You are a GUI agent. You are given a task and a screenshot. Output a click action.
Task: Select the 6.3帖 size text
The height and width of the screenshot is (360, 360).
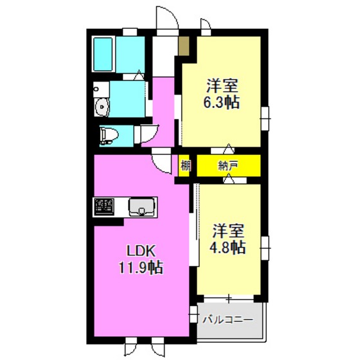(222, 101)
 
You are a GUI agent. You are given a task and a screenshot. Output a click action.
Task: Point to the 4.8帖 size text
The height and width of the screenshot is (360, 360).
(229, 247)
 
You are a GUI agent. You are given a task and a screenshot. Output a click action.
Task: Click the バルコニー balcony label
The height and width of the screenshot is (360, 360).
(228, 319)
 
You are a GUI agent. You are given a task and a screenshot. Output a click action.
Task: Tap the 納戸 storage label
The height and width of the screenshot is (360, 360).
(228, 165)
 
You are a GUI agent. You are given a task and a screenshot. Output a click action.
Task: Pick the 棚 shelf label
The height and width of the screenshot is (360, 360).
(185, 165)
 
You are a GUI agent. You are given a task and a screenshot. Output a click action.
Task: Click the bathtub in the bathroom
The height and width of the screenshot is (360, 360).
(105, 55)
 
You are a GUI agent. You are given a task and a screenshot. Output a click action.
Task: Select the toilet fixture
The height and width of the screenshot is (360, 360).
(109, 134)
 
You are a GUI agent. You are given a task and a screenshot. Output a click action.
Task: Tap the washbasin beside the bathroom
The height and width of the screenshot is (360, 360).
(102, 107)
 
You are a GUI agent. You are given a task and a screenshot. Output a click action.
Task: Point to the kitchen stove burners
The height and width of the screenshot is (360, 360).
(104, 206)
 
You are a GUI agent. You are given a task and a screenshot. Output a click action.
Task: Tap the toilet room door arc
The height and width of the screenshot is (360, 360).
(146, 132)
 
